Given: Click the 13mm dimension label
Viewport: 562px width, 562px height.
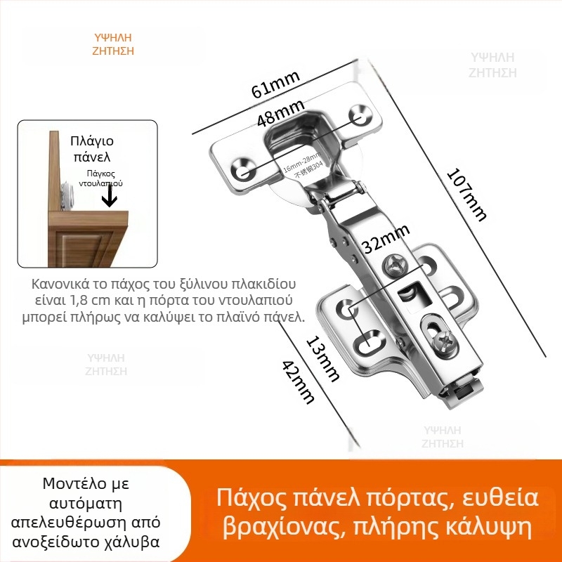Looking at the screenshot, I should (x=322, y=358).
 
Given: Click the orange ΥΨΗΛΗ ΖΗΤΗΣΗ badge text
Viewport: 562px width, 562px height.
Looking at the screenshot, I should (x=113, y=44).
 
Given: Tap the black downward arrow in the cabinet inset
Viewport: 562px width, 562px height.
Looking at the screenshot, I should (x=108, y=200).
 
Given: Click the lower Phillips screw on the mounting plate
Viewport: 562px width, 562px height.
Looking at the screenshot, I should (x=444, y=342).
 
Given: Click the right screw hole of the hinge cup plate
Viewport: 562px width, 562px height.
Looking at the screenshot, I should (x=359, y=115).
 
